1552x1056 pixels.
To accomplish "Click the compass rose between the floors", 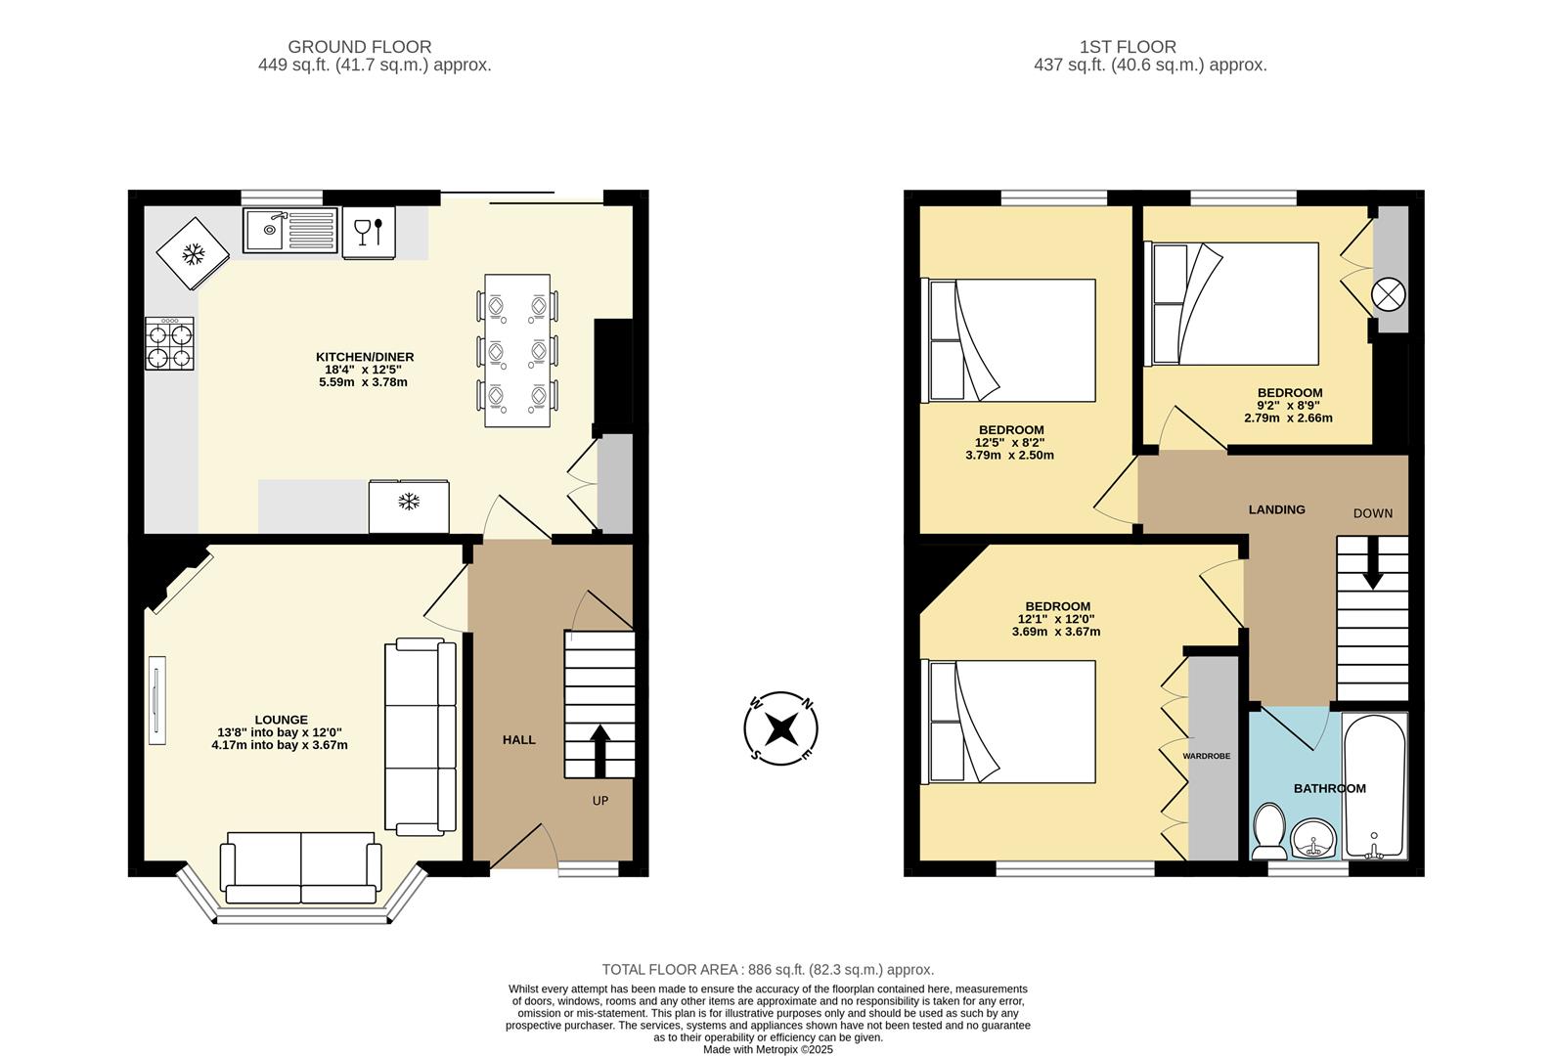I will (x=780, y=728).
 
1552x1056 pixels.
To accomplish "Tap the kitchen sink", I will (x=289, y=231).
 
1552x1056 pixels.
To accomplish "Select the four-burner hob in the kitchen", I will (x=169, y=345).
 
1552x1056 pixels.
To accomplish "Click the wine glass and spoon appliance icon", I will (x=369, y=233).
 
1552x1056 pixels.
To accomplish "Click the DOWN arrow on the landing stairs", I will (x=1373, y=568).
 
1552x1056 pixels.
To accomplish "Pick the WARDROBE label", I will (x=1206, y=756).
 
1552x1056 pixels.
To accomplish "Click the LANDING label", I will (x=1276, y=509).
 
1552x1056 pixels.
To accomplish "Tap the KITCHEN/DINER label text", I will (x=364, y=357).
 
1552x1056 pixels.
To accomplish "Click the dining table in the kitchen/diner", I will (x=516, y=350).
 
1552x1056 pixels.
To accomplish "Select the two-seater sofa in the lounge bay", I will (x=300, y=867).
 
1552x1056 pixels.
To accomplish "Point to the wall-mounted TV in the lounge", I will (x=156, y=701).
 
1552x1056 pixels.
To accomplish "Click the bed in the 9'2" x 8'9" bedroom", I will (x=1234, y=304).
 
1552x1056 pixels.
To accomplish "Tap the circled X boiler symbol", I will (x=1389, y=294).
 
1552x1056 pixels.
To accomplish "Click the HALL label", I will (x=518, y=740).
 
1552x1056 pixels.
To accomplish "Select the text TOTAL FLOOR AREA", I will (x=672, y=970).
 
